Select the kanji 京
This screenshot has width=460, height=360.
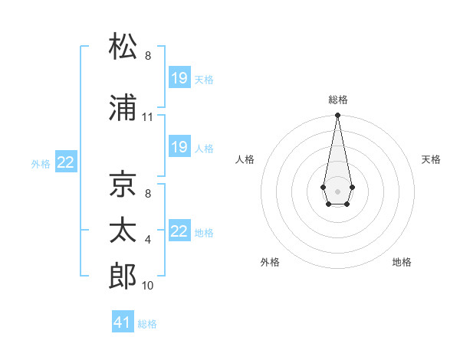point(123,185)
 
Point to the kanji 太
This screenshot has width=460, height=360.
point(123,230)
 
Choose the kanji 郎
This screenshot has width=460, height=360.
point(123,275)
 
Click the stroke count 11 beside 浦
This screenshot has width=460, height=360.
point(147,117)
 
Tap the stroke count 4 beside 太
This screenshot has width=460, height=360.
point(148,240)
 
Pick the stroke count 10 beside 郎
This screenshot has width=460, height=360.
point(147,286)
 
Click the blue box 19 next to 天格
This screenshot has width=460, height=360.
point(179,78)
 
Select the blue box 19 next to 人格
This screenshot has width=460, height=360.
point(179,147)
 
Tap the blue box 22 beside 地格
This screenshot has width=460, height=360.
point(179,231)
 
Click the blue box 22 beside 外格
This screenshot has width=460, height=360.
point(66,162)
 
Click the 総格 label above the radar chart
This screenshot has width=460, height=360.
point(338,100)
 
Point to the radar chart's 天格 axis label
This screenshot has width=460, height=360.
point(432,159)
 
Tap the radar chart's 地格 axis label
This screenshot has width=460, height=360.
point(402,262)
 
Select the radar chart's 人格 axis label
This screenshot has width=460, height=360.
point(245,159)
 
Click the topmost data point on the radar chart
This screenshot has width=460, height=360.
point(337,116)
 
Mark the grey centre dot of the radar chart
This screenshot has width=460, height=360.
point(337,190)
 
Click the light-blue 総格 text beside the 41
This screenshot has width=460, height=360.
point(148,324)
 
